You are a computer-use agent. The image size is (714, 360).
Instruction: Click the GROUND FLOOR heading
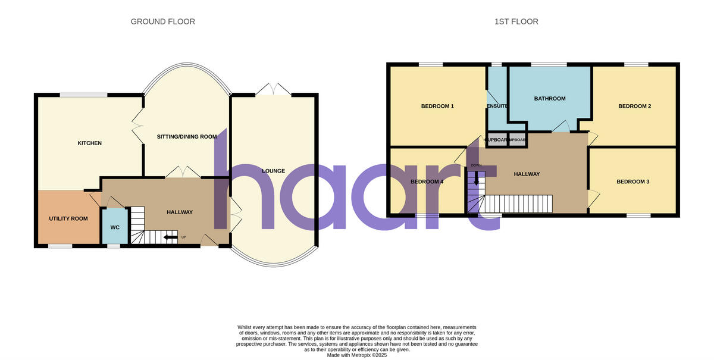(x=162, y=22)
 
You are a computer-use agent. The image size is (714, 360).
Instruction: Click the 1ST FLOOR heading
(x=516, y=22)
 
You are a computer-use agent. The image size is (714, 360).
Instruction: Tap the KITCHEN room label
(x=89, y=143)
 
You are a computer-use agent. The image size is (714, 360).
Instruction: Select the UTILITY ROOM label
(x=68, y=219)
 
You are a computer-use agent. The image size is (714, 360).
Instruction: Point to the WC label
(x=114, y=227)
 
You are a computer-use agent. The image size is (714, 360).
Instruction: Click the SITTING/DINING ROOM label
(x=186, y=137)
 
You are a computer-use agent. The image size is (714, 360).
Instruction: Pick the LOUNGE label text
(x=273, y=171)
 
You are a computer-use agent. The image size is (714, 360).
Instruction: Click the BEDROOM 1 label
(x=437, y=107)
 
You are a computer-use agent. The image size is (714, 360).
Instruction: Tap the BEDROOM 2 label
(x=634, y=107)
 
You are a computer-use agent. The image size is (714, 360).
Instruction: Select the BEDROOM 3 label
(x=632, y=181)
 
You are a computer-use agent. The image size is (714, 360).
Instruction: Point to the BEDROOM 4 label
(x=427, y=181)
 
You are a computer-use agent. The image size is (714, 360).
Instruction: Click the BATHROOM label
(x=549, y=99)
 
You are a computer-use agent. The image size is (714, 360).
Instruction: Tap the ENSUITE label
(x=497, y=107)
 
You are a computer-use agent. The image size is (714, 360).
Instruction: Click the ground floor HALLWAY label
(x=179, y=212)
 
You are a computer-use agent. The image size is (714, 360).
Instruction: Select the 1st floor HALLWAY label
(x=527, y=174)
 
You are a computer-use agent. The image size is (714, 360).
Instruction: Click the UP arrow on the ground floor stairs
(x=171, y=238)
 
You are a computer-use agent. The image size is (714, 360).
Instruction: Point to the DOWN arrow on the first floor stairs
(x=475, y=177)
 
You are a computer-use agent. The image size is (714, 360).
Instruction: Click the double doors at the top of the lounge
(x=274, y=90)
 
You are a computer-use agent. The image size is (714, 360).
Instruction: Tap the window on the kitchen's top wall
(x=83, y=95)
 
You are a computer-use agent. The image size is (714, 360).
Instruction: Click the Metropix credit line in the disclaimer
(x=357, y=355)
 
